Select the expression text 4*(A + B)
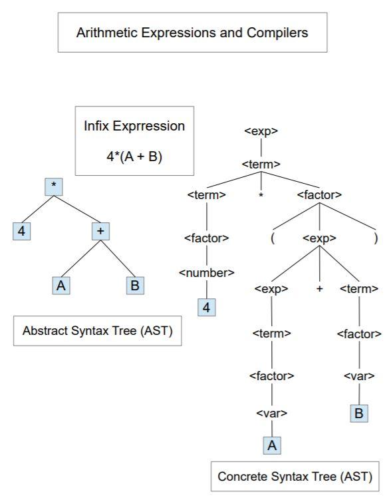pyautogui.click(x=134, y=158)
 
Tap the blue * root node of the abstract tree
pyautogui.click(x=54, y=187)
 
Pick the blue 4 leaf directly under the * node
pyautogui.click(x=20, y=232)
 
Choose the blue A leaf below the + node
pyautogui.click(x=61, y=286)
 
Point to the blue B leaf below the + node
pyautogui.click(x=136, y=286)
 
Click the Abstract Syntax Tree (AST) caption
pyautogui.click(x=98, y=331)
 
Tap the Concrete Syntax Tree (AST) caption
pyautogui.click(x=295, y=477)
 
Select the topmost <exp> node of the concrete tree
pyautogui.click(x=261, y=131)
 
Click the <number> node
pyautogui.click(x=206, y=272)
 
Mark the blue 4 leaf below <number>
pyautogui.click(x=206, y=307)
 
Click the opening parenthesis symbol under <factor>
pyautogui.click(x=273, y=238)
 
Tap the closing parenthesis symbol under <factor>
pyautogui.click(x=376, y=238)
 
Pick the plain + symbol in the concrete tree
pyautogui.click(x=319, y=288)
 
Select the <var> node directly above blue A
pyautogui.click(x=271, y=413)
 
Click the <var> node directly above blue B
pyautogui.click(x=359, y=376)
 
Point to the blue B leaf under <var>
pyautogui.click(x=359, y=413)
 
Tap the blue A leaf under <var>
pyautogui.click(x=271, y=445)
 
